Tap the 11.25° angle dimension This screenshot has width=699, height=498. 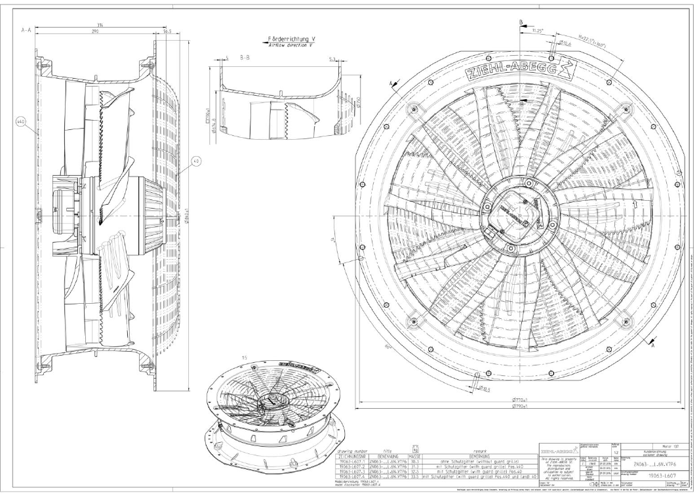coord(538,30)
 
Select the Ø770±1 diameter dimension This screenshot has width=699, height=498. coord(521,399)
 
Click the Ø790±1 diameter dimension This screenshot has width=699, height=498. coord(521,407)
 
